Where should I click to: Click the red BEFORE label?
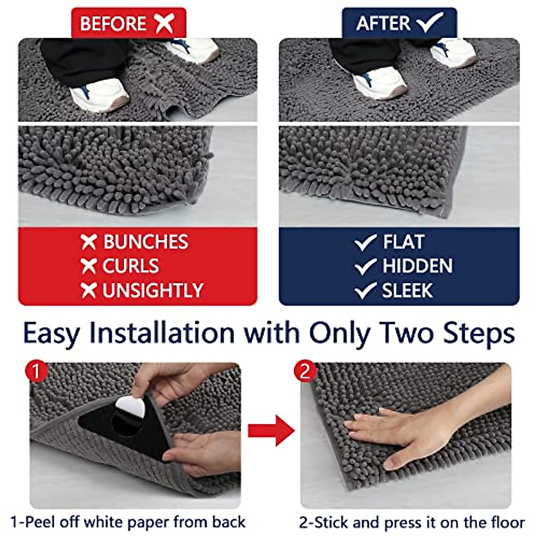[x=128, y=23]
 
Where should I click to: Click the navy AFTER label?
[x=399, y=23]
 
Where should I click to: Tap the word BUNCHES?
[x=146, y=242]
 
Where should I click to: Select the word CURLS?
[x=130, y=266]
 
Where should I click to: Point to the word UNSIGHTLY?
[x=153, y=291]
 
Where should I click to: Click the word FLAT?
[x=403, y=242]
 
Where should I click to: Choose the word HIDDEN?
[x=417, y=266]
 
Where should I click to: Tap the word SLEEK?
[x=407, y=291]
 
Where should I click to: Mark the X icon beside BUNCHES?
[x=89, y=242]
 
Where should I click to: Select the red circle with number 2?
[x=305, y=371]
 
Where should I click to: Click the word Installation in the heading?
[x=162, y=334]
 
